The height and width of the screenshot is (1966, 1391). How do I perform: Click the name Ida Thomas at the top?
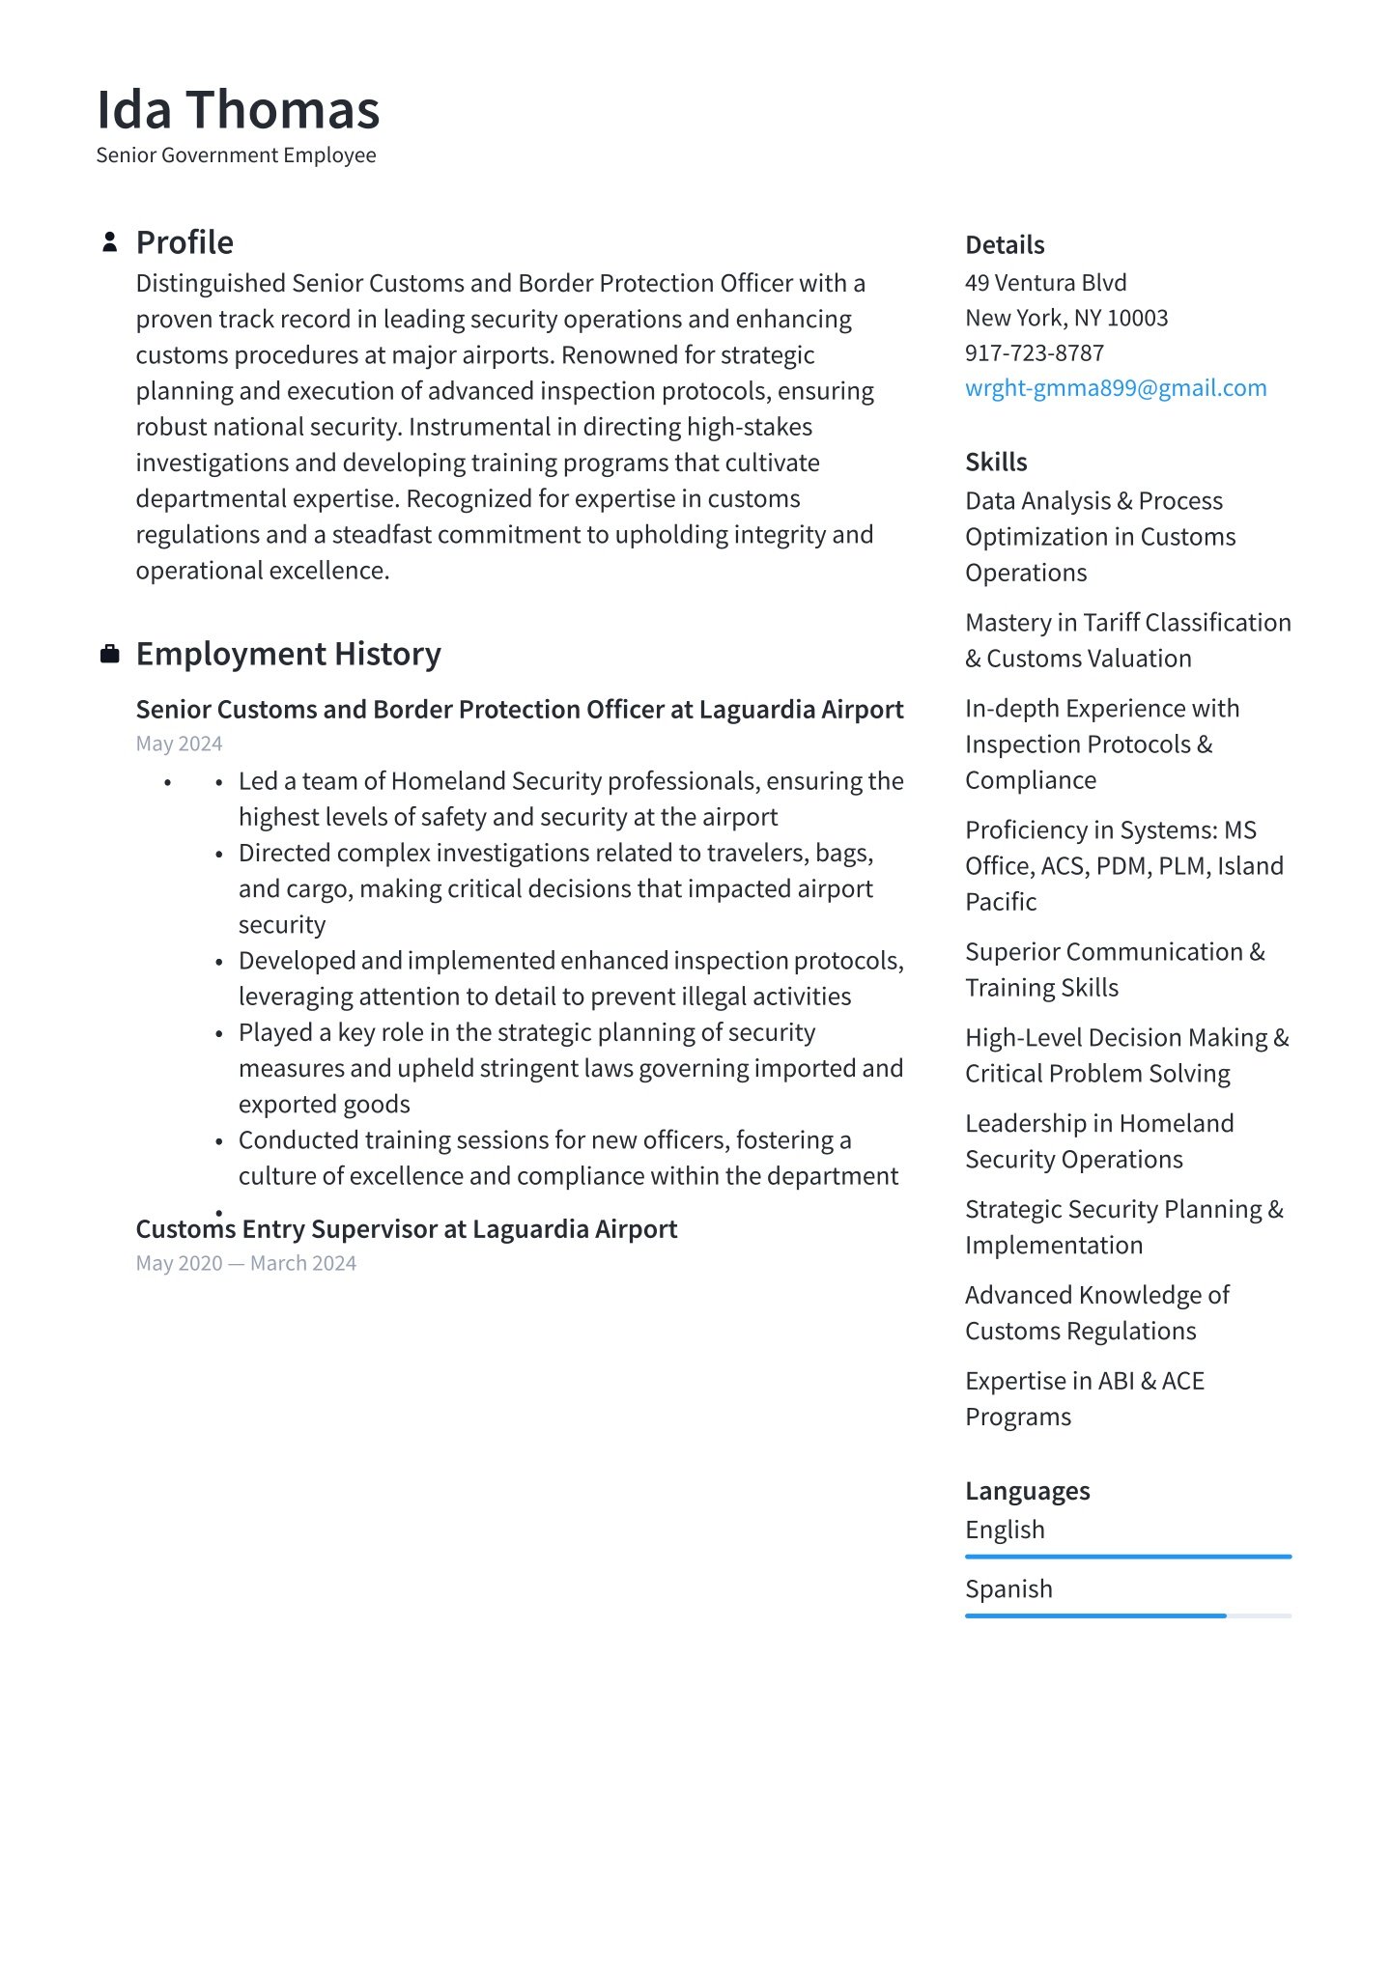coord(238,109)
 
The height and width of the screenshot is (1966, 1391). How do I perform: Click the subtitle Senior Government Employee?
coord(236,155)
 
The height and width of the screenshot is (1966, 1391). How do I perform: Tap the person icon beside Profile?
coord(110,242)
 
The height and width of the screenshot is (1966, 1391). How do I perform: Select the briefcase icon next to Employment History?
coord(110,655)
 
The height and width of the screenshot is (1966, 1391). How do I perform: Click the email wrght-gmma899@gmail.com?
coord(1116,388)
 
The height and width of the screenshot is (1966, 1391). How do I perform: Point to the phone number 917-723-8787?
coord(1034,353)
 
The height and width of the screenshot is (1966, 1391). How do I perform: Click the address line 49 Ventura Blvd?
coord(1045,283)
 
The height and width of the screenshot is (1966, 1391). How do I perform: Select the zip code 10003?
coord(1137,319)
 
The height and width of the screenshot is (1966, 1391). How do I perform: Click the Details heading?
coord(1005,245)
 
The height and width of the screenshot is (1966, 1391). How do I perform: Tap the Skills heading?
coord(996,463)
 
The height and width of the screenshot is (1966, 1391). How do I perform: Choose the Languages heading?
coord(1027,1492)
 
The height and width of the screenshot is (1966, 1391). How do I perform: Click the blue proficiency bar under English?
coord(1127,1557)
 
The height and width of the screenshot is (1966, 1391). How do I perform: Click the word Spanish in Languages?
coord(1008,1589)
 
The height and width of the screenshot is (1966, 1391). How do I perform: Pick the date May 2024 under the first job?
coord(179,744)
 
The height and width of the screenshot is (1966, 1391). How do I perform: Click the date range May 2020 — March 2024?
coord(245,1263)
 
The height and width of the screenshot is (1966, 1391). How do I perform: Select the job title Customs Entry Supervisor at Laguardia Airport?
coord(406,1229)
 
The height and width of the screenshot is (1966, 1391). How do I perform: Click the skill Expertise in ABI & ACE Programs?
coord(1084,1399)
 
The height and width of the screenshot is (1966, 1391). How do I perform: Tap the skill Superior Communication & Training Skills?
coord(1114,969)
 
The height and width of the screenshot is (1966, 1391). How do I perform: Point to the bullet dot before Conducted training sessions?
coord(219,1142)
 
